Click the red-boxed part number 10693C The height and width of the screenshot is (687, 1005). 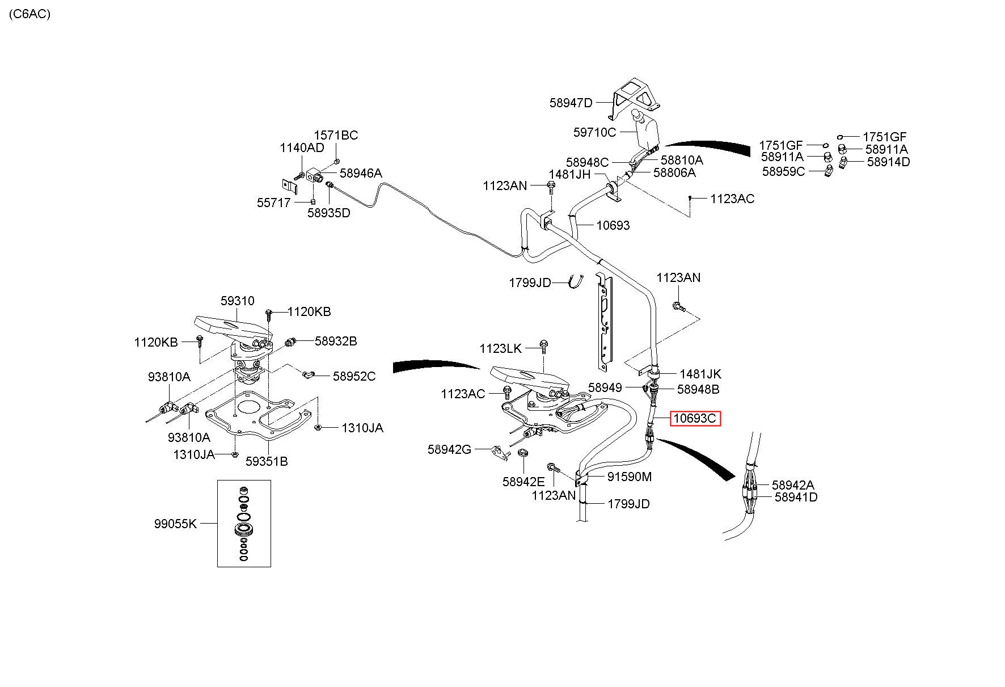695,419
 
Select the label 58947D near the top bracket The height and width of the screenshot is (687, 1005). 571,103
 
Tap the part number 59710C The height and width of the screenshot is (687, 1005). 594,132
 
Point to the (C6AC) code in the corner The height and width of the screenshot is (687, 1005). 29,14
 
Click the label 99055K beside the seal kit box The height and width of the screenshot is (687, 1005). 175,524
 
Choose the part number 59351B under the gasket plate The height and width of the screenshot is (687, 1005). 267,461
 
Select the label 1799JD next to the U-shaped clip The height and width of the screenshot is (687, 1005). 530,283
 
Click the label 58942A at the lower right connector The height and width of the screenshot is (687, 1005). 793,485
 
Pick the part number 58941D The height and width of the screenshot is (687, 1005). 796,497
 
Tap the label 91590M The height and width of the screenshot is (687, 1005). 630,477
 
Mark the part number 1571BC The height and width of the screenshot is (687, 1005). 336,135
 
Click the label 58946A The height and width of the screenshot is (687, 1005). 361,173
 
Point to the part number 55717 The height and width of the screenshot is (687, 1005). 273,203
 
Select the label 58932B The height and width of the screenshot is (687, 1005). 336,341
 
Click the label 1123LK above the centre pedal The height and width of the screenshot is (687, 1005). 501,348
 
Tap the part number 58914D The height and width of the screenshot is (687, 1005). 888,162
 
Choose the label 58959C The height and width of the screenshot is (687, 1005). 783,171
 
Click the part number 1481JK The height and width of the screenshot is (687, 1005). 700,374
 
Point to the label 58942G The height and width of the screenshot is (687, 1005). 449,449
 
